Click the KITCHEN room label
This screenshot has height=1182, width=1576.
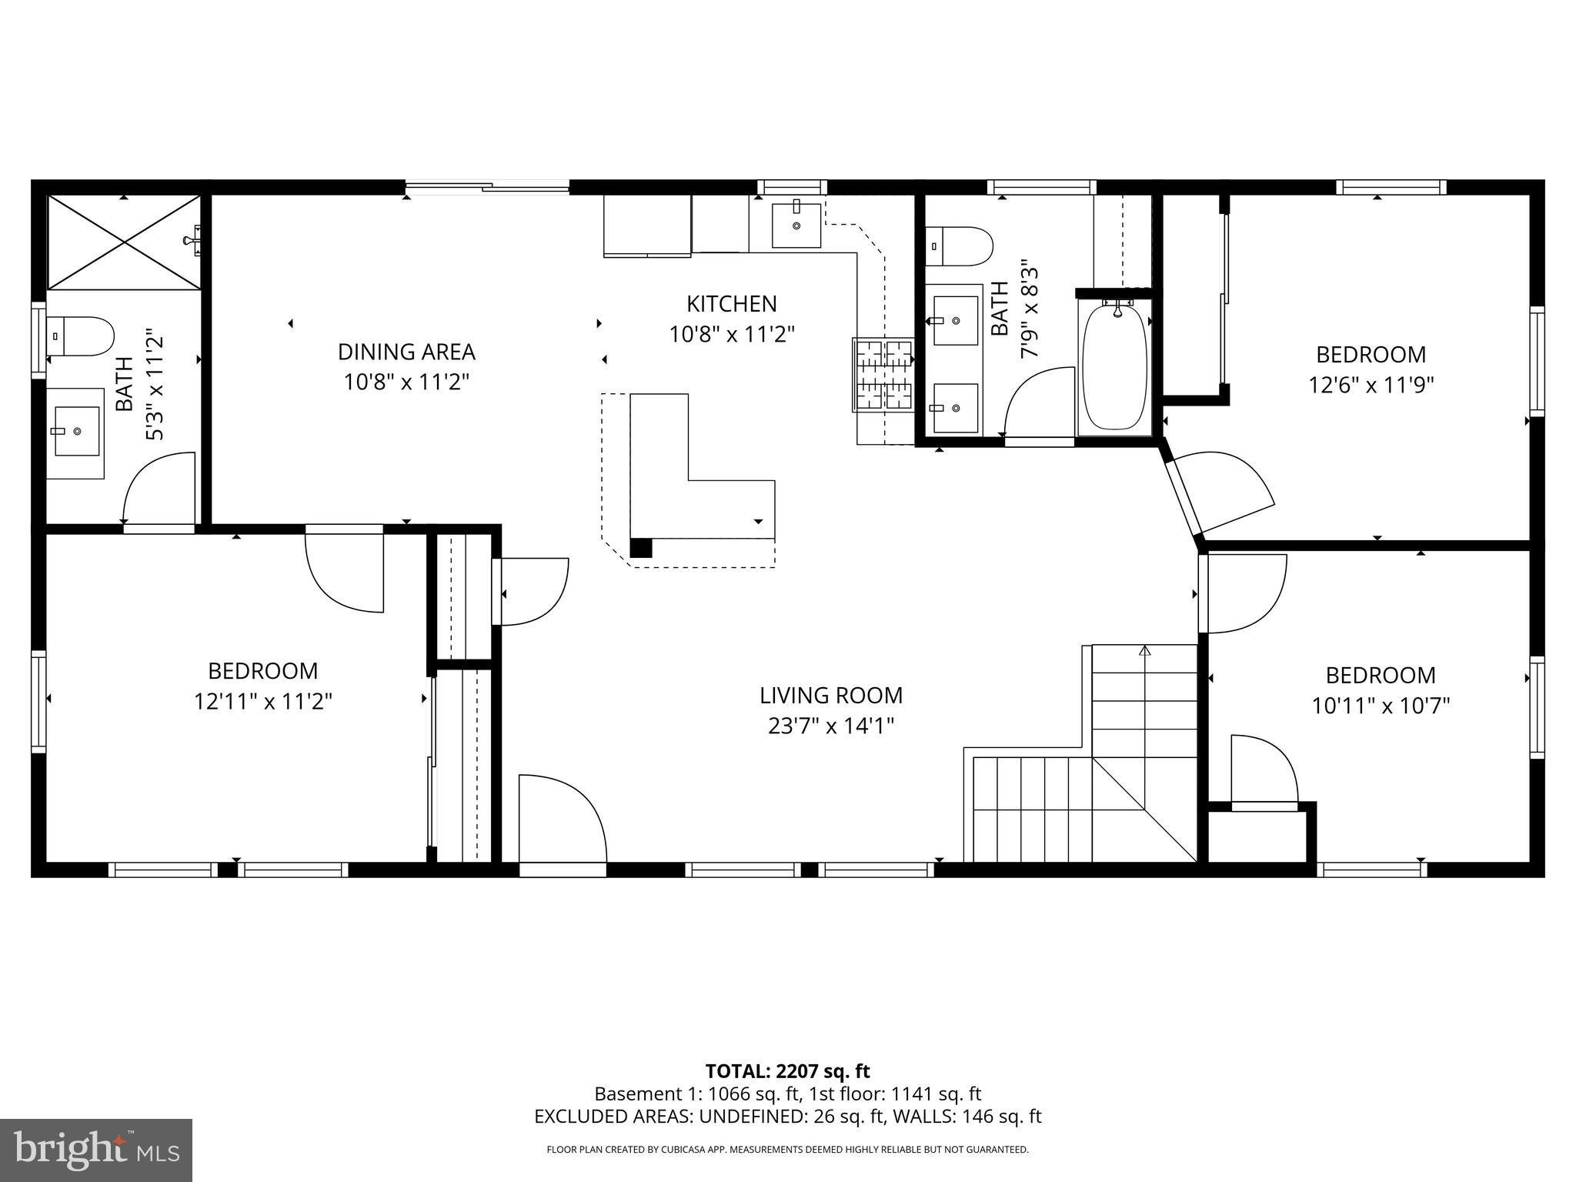click(x=731, y=304)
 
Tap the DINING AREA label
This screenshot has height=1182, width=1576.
click(x=406, y=352)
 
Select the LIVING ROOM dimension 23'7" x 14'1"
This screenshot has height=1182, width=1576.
click(x=830, y=726)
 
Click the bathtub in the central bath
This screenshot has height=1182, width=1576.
click(x=1115, y=367)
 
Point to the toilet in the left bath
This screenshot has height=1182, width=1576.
click(x=80, y=336)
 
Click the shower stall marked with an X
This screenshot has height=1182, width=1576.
click(x=124, y=242)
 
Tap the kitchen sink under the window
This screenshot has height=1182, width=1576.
click(x=796, y=224)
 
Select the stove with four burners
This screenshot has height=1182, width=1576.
click(x=882, y=375)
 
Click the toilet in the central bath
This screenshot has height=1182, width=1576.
click(x=959, y=245)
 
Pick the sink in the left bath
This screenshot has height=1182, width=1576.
click(x=75, y=432)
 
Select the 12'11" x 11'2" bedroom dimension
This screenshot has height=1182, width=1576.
click(x=263, y=702)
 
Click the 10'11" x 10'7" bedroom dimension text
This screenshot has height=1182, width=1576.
click(x=1381, y=706)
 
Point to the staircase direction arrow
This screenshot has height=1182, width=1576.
click(x=1144, y=651)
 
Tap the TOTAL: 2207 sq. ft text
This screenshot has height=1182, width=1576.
click(x=787, y=1071)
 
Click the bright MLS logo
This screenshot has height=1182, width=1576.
click(x=96, y=1150)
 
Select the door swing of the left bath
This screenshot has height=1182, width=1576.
click(x=159, y=489)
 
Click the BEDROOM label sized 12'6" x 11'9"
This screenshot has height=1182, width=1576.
click(x=1371, y=355)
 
